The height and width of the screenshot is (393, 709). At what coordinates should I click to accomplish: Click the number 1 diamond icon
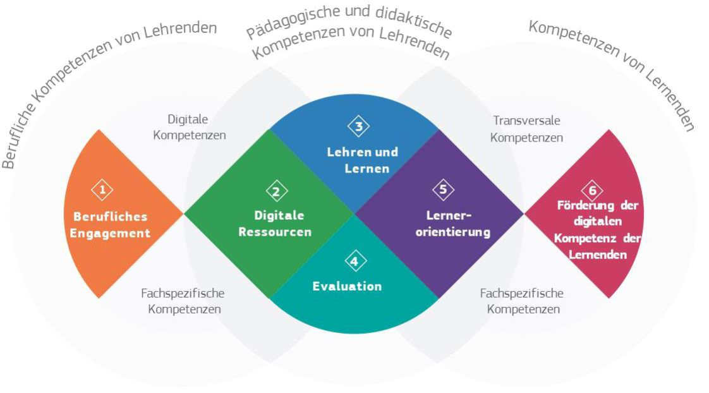pyautogui.click(x=102, y=189)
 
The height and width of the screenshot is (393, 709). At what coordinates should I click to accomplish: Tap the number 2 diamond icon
pyautogui.click(x=276, y=190)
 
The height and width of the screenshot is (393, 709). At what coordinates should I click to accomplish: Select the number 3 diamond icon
pyautogui.click(x=358, y=126)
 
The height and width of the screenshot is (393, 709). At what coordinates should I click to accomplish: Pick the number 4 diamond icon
pyautogui.click(x=355, y=261)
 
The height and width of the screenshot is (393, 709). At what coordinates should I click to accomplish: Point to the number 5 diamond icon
pyautogui.click(x=443, y=188)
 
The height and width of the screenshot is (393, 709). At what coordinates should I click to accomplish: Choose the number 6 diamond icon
pyautogui.click(x=592, y=190)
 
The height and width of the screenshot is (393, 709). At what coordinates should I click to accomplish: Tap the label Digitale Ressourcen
pyautogui.click(x=275, y=224)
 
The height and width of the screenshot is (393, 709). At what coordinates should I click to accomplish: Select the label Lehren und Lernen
pyautogui.click(x=362, y=160)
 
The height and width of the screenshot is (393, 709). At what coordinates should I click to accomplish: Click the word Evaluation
pyautogui.click(x=347, y=286)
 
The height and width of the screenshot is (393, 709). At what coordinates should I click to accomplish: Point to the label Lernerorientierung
pyautogui.click(x=453, y=224)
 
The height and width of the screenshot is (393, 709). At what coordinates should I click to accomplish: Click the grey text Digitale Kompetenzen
pyautogui.click(x=189, y=127)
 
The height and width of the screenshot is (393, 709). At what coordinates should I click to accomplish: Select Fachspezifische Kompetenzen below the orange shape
pyautogui.click(x=183, y=301)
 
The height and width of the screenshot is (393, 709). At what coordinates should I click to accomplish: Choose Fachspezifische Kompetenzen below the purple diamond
pyautogui.click(x=522, y=301)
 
